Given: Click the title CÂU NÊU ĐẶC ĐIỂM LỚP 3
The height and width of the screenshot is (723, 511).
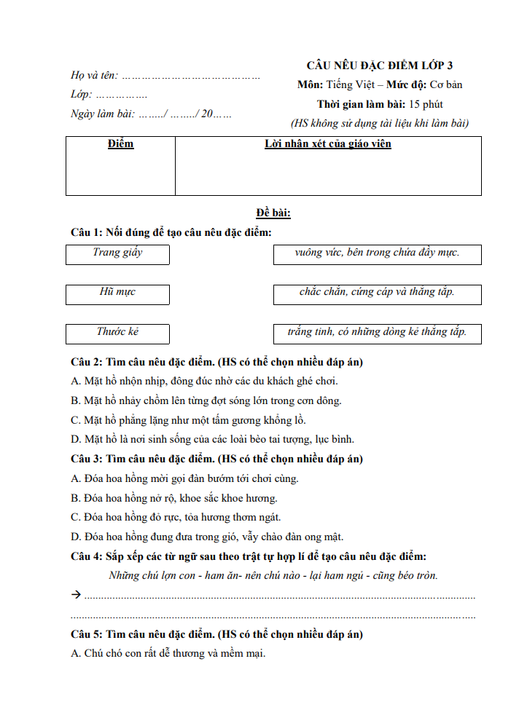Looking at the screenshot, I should pos(379,66).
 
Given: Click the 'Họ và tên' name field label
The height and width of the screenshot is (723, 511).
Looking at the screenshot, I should pos(94,75).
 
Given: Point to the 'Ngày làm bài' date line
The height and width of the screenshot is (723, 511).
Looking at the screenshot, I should pos(151,114).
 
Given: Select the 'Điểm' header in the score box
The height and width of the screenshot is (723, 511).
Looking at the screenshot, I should pos(120,144).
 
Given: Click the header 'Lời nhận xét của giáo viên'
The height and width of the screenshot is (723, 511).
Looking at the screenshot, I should pos(327,144).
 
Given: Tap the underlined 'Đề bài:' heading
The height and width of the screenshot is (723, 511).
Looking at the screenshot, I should pos(273,213).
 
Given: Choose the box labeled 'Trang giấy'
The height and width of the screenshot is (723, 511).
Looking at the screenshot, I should pos(117,253).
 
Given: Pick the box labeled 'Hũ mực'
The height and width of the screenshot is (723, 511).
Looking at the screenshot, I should pos(117,293).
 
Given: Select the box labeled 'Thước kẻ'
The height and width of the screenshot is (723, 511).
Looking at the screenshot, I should pos(117,333).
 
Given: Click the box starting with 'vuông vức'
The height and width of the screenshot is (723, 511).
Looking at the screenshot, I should pos(377,253).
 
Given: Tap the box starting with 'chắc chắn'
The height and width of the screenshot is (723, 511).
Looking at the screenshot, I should pos(377,293).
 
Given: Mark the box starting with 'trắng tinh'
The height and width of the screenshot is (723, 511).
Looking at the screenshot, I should pos(377,333).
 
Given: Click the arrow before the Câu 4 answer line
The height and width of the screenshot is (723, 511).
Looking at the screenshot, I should pos(76,595).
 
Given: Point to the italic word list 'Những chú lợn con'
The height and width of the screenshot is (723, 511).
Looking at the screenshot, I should pos(273,575).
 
